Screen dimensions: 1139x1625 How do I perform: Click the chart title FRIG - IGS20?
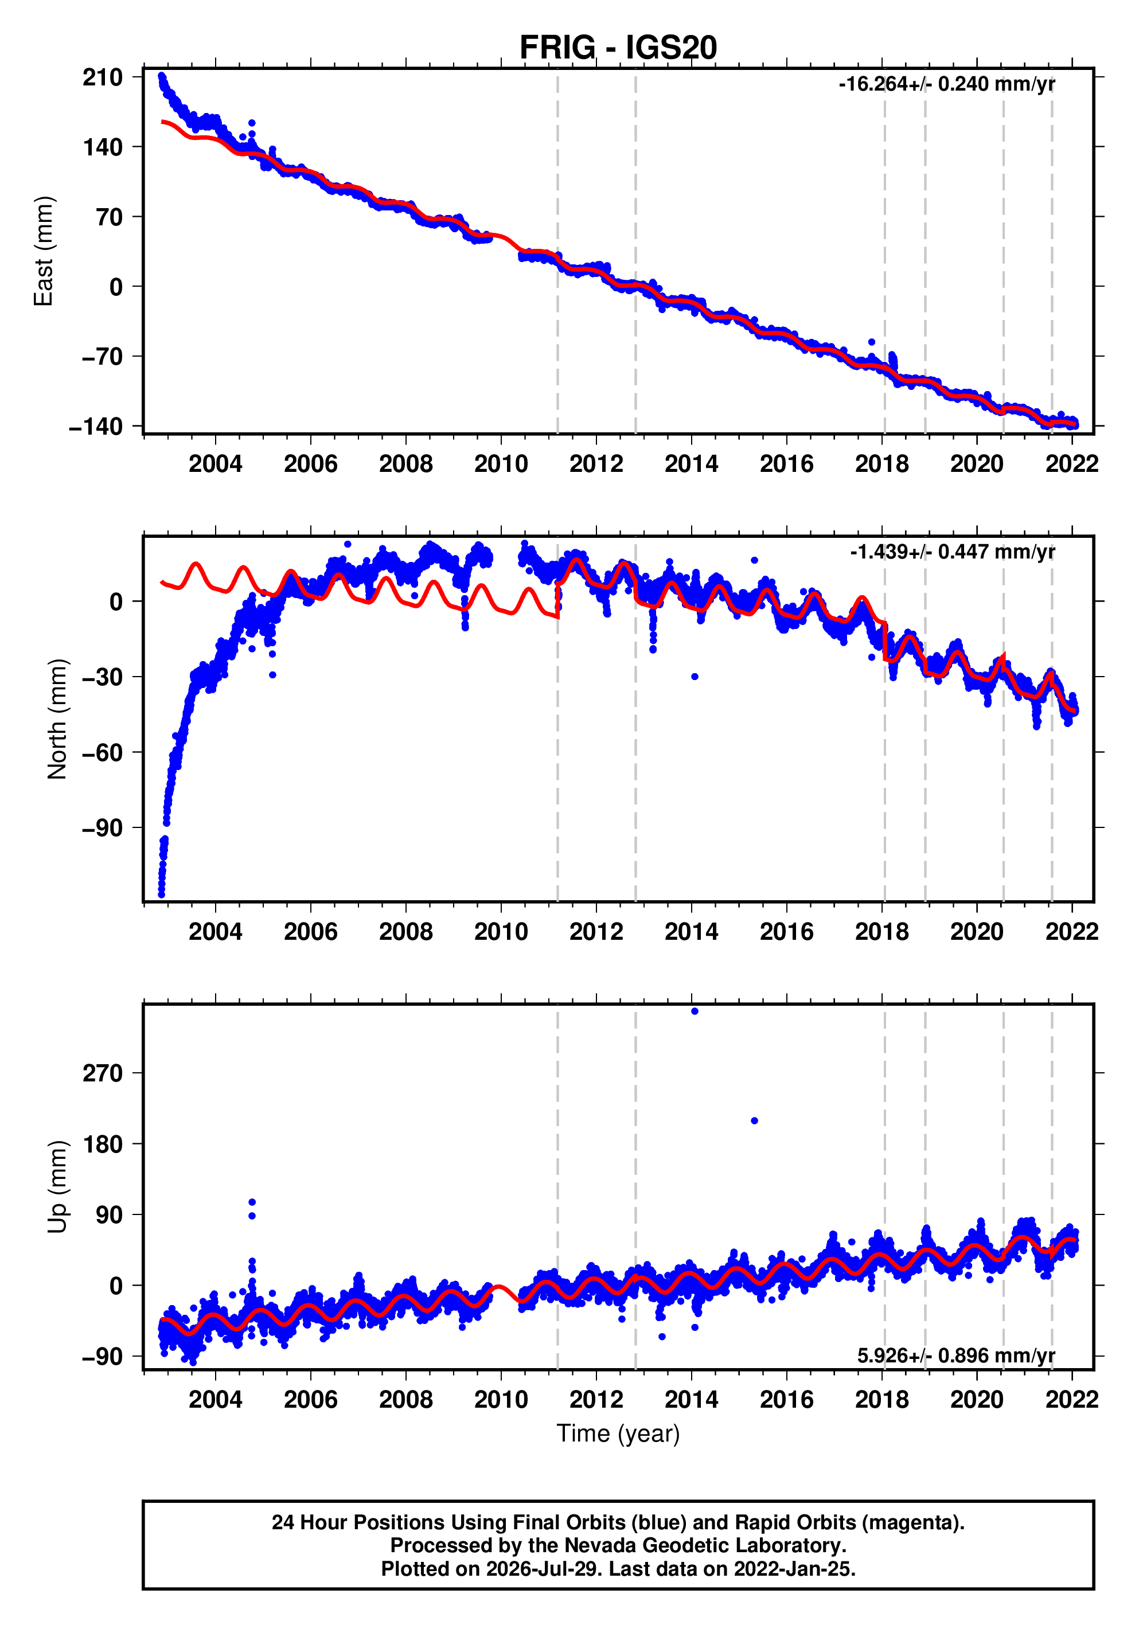[x=618, y=48]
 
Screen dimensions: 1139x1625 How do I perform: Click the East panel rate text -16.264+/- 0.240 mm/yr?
[x=946, y=84]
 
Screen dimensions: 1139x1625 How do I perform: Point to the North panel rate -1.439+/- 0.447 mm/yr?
[x=952, y=552]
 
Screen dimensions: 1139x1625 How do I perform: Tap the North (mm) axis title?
[x=57, y=719]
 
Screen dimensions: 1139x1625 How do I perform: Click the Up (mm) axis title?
[x=57, y=1187]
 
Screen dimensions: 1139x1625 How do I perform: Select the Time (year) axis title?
[x=618, y=1433]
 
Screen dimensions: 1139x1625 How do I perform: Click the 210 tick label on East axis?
[x=103, y=77]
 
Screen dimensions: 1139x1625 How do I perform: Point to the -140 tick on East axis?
[x=96, y=426]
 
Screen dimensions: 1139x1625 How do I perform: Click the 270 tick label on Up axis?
[x=103, y=1073]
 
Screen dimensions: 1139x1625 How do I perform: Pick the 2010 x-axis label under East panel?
[x=501, y=464]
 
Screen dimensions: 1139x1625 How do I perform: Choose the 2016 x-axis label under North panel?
[x=786, y=932]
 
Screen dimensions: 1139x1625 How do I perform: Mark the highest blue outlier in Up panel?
[x=695, y=1011]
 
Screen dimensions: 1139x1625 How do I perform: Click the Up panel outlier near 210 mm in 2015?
[x=755, y=1121]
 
